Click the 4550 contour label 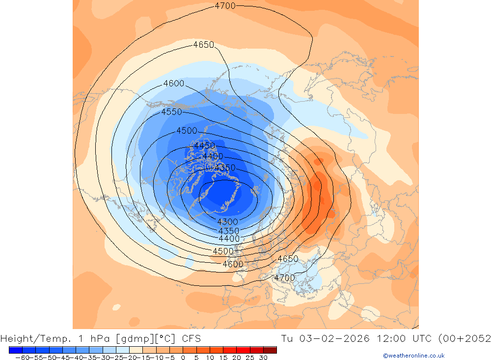pyautogui.click(x=171, y=112)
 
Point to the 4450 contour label pyautogui.click(x=204, y=146)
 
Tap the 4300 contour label pyautogui.click(x=227, y=222)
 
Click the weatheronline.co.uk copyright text pyautogui.click(x=413, y=356)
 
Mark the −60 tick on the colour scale pyautogui.click(x=22, y=358)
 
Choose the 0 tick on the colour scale pyautogui.click(x=183, y=358)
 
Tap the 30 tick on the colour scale pyautogui.click(x=263, y=358)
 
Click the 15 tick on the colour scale pyautogui.click(x=223, y=358)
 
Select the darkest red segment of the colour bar pyautogui.click(x=270, y=350)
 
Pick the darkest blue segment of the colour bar pyautogui.click(x=15, y=350)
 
